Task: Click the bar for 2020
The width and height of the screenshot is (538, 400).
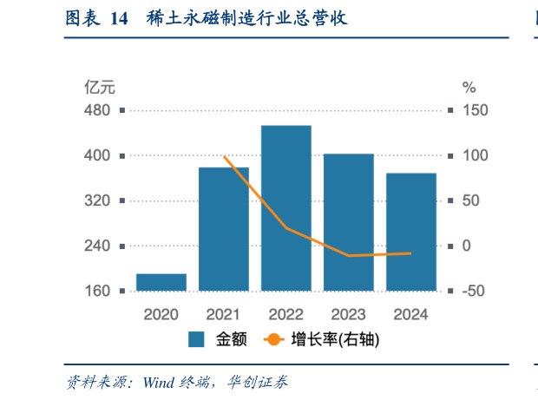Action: tap(161, 282)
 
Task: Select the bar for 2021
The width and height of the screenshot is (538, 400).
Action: tap(224, 229)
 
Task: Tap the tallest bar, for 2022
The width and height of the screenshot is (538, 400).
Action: tap(286, 208)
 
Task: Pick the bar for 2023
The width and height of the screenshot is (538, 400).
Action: tap(349, 222)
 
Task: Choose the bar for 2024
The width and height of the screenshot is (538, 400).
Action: tap(411, 232)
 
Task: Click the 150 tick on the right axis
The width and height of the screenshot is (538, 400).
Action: tap(475, 110)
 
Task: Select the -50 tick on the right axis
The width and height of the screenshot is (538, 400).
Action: tap(475, 291)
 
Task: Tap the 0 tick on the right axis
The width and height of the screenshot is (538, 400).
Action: tap(468, 246)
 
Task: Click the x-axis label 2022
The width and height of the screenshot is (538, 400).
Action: tap(286, 314)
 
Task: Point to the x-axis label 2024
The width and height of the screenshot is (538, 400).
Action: tap(411, 314)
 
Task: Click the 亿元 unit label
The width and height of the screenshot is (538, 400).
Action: tap(99, 87)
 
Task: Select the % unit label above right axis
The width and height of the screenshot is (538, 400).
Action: tap(469, 87)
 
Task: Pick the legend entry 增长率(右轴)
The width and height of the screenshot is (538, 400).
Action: tap(338, 340)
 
